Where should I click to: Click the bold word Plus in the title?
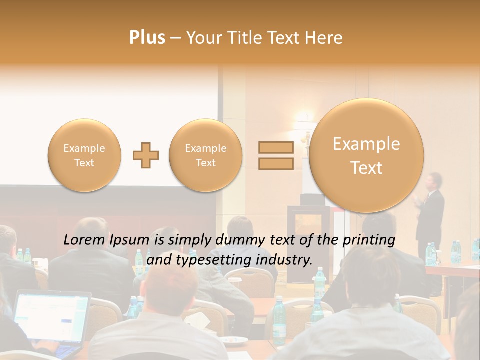(x=147, y=37)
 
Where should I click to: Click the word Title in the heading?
(x=247, y=38)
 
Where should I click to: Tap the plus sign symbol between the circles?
(x=146, y=155)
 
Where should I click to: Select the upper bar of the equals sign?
(x=275, y=147)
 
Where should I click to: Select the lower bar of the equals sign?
(x=275, y=164)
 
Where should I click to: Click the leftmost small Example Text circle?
(x=84, y=155)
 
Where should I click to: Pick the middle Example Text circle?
(x=205, y=155)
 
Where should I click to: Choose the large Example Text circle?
(x=366, y=155)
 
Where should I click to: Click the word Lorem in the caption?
(x=84, y=240)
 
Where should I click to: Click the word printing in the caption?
(x=368, y=240)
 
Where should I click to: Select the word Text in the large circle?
(x=366, y=168)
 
